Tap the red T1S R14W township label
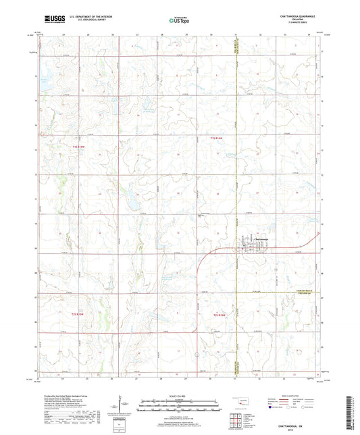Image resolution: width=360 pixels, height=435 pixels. coord(215,138)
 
